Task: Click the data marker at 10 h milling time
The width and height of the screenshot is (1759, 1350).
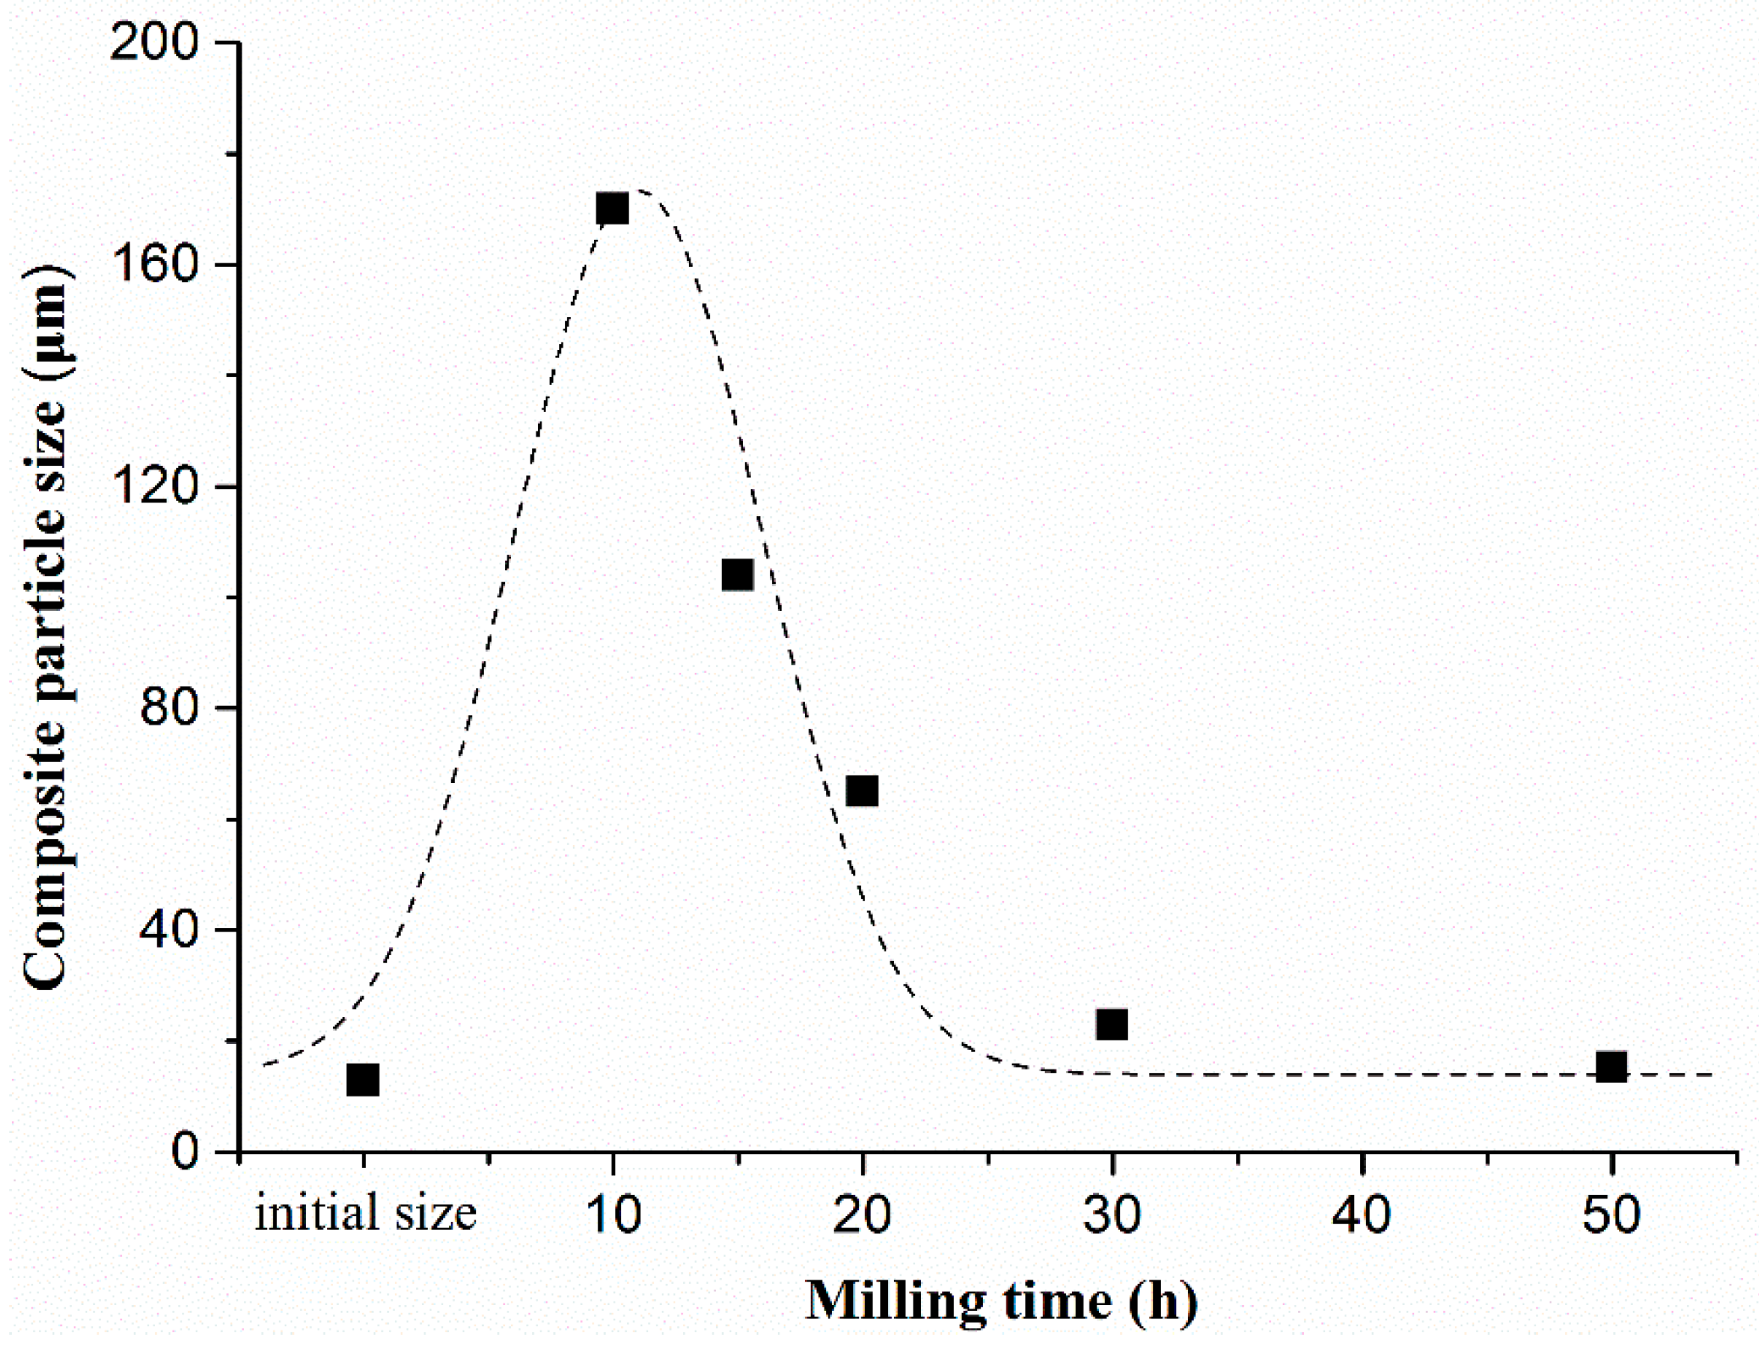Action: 612,208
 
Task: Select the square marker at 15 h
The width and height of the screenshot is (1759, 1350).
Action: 737,575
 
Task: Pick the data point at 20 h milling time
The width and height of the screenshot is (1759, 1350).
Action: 862,791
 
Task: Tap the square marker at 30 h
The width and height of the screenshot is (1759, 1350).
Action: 1112,1024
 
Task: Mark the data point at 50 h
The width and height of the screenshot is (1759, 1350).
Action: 1611,1066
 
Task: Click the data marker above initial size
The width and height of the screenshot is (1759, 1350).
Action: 363,1080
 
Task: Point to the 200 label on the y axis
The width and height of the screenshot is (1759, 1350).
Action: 155,42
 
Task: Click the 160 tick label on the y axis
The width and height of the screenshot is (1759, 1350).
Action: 155,264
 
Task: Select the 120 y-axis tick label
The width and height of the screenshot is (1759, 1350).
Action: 155,486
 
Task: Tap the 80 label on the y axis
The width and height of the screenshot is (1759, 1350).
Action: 169,708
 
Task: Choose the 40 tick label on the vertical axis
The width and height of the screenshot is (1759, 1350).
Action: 169,931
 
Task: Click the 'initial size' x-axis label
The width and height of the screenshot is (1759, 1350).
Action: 365,1214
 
